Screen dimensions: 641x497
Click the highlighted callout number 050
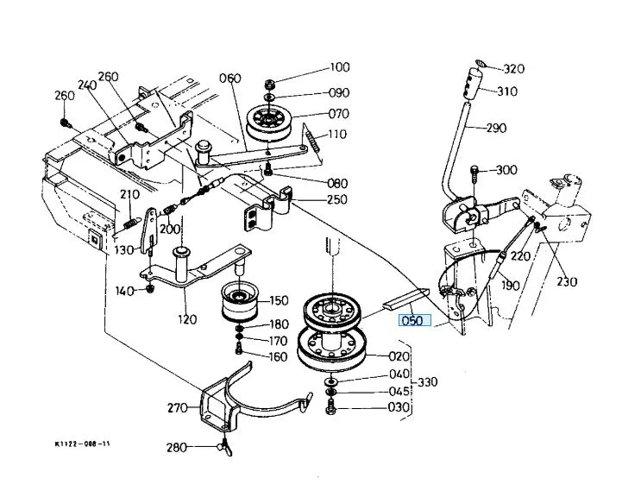(414, 320)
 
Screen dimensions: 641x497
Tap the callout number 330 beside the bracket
(428, 382)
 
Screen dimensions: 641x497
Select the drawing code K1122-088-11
(82, 444)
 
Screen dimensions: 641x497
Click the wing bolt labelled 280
(226, 447)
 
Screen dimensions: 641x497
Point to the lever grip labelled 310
(473, 84)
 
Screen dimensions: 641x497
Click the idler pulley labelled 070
(269, 124)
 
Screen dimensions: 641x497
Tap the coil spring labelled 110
(313, 142)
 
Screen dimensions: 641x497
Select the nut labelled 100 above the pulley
(269, 85)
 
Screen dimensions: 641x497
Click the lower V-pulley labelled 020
(331, 349)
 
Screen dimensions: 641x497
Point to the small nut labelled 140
(150, 288)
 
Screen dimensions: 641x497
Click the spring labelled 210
(129, 223)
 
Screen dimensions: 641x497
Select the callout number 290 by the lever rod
(496, 128)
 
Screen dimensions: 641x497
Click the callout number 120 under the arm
(187, 319)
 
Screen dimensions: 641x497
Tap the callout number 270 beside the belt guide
(178, 407)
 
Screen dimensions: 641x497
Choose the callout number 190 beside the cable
(511, 285)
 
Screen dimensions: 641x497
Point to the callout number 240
(87, 85)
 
